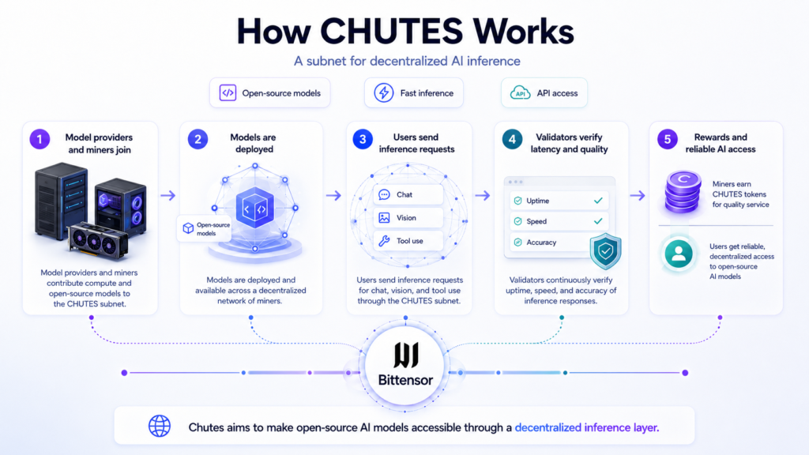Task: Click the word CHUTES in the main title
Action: pos(392,32)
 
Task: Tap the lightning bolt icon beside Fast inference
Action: pos(383,93)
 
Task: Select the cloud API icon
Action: pos(520,93)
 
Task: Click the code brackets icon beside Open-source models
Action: pos(228,93)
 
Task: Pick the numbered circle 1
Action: pos(40,139)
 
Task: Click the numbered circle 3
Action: pos(363,139)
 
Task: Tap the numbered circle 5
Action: pos(667,139)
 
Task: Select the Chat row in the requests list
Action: pos(408,194)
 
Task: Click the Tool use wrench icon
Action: pos(384,241)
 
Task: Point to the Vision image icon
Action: pos(385,218)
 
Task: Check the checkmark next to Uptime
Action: pos(598,200)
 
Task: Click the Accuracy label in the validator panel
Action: pos(541,242)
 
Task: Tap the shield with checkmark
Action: pos(605,251)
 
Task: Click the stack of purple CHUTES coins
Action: pos(683,192)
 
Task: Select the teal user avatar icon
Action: pos(679,254)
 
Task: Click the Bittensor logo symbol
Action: pos(405,355)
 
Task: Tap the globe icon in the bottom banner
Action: pos(160,426)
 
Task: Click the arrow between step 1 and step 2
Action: pos(167,196)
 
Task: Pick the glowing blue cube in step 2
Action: pos(255,208)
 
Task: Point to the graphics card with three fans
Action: pos(97,240)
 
